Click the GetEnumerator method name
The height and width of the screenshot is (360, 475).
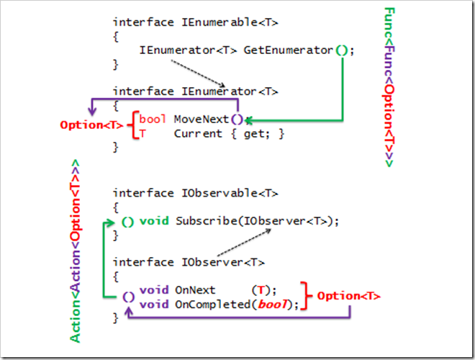point(288,50)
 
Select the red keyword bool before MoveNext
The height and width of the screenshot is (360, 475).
point(151,119)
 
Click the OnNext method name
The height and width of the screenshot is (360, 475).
point(192,290)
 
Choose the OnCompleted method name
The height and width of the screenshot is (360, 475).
point(209,304)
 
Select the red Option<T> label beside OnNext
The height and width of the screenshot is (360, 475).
point(349,296)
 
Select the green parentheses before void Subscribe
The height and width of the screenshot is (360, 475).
point(127,221)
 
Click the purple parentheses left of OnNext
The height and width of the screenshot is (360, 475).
point(128,296)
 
